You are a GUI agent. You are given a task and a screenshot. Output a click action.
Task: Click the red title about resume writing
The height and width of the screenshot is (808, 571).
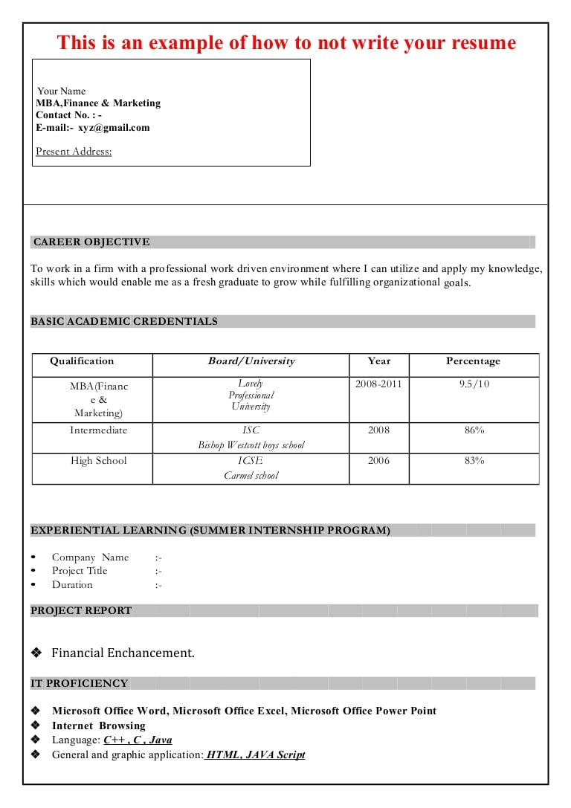[286, 42]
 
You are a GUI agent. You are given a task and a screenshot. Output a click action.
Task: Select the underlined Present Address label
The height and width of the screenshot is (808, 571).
[74, 152]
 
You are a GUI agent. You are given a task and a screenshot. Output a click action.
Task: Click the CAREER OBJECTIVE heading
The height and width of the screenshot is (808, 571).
[91, 242]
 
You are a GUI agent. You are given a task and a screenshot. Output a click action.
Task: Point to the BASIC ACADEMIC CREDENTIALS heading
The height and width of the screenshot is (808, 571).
[124, 321]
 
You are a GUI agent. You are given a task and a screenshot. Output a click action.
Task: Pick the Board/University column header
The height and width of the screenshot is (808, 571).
[251, 361]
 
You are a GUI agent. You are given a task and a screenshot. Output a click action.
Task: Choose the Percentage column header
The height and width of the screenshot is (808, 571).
[473, 361]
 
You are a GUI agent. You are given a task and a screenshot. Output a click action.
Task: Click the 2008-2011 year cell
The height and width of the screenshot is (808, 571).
[378, 384]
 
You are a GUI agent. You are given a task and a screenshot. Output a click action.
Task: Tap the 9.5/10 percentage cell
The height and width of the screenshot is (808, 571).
[474, 384]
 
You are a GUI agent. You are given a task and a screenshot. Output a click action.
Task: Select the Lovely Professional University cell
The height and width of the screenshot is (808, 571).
[251, 395]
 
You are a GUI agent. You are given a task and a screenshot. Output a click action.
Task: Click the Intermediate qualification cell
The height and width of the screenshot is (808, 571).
[99, 430]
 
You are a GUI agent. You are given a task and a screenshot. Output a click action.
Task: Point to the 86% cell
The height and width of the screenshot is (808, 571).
[474, 430]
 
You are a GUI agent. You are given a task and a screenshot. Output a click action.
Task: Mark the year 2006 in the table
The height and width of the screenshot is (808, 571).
[378, 461]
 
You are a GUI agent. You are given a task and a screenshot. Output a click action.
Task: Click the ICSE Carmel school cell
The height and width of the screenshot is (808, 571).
[251, 468]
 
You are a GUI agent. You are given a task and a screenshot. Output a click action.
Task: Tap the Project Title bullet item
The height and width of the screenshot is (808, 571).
[80, 571]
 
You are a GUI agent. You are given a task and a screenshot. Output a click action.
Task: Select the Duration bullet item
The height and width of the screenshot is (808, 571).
[72, 585]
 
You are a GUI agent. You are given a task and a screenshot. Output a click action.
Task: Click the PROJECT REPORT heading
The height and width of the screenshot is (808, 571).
[81, 610]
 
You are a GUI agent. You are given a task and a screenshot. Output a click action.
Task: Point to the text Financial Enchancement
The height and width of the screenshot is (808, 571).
[123, 653]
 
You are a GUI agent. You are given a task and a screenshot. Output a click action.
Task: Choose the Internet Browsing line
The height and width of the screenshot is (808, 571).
[98, 725]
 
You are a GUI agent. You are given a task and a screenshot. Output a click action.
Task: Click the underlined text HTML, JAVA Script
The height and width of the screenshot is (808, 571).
[255, 754]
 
